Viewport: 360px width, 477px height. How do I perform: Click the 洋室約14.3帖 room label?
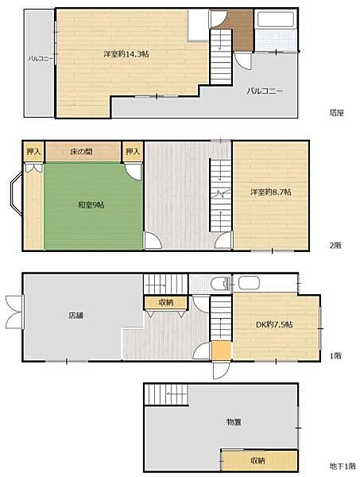click(126, 54)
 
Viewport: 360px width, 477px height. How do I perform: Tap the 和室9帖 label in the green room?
click(91, 205)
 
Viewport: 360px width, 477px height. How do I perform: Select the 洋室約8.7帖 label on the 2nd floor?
click(271, 192)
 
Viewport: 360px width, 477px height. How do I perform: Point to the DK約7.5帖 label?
click(274, 324)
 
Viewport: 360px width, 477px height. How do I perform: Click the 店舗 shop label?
click(75, 315)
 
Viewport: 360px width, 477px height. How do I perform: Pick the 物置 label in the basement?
click(234, 422)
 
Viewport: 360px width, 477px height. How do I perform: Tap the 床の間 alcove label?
click(81, 151)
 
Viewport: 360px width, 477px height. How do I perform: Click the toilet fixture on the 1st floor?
click(221, 284)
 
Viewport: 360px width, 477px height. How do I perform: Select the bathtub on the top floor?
click(276, 19)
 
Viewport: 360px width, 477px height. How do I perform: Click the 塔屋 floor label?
click(336, 113)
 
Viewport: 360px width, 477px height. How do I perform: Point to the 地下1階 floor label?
click(343, 466)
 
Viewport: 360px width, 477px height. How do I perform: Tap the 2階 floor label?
click(335, 245)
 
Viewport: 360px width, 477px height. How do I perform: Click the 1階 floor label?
click(335, 355)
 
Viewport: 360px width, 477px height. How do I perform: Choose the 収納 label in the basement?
click(257, 460)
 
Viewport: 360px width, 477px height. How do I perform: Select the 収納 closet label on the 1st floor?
click(166, 302)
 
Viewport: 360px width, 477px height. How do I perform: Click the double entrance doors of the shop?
click(14, 312)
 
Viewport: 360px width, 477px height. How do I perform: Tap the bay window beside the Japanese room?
click(16, 194)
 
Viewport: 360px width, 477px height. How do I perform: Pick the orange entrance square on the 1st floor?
click(221, 351)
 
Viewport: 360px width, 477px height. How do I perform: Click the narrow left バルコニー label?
click(41, 59)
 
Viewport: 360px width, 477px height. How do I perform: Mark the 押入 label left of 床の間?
click(33, 151)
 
